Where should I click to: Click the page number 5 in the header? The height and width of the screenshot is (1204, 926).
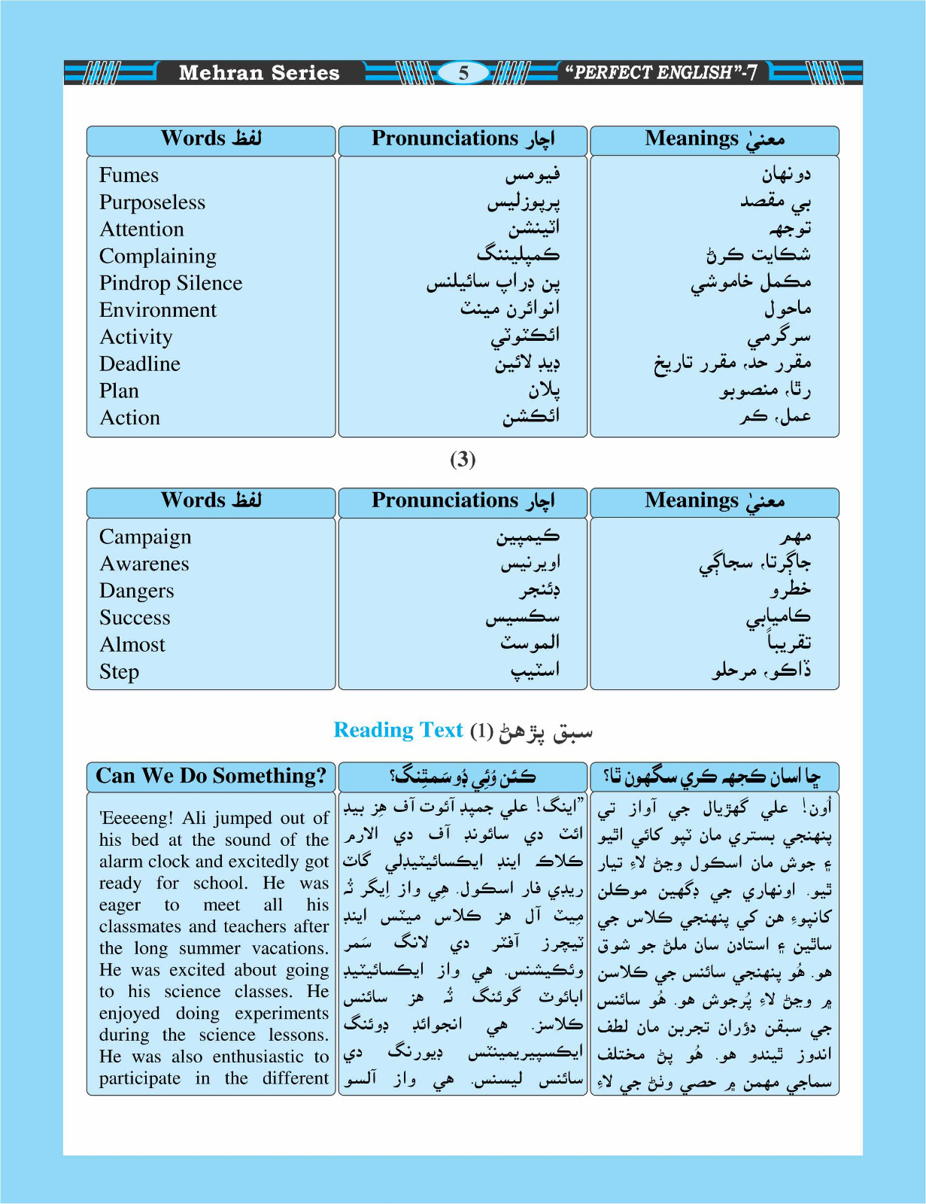(463, 73)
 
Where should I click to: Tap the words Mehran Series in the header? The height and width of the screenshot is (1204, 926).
(259, 73)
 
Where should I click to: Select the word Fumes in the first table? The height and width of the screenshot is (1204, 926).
(129, 175)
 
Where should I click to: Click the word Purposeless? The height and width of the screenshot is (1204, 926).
(152, 202)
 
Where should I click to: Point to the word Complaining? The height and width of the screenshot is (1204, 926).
(158, 257)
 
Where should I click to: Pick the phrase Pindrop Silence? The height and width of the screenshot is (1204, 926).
(171, 283)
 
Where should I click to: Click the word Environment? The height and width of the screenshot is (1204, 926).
(158, 310)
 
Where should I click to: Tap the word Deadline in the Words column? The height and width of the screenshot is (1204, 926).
(140, 364)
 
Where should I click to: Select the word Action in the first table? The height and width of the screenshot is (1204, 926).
(130, 418)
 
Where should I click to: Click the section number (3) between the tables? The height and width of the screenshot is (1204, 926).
(463, 459)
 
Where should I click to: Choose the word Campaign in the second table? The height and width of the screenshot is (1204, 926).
(145, 537)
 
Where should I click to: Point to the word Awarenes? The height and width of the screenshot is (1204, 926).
(144, 564)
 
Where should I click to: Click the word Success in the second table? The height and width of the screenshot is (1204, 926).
(135, 618)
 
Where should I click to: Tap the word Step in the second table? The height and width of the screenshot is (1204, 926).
(119, 672)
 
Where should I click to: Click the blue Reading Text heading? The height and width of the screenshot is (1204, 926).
(398, 730)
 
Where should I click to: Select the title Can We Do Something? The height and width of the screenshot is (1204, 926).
(211, 776)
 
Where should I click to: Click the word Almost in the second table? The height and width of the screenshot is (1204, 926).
(132, 645)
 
